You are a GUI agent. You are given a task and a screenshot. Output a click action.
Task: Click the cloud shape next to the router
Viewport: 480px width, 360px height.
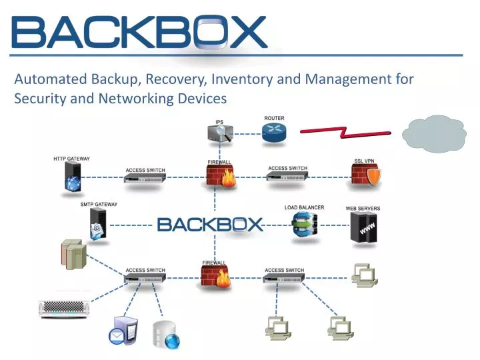click(435, 133)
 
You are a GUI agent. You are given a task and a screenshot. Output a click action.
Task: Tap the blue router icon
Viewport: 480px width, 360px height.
click(274, 133)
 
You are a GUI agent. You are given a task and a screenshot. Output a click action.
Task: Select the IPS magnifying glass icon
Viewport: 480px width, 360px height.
click(219, 133)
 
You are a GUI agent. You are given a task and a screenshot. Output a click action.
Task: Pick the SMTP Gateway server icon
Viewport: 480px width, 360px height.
click(97, 223)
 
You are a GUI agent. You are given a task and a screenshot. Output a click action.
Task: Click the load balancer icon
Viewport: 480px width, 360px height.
click(305, 225)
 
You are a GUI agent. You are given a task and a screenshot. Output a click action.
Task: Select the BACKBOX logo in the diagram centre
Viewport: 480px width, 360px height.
click(211, 224)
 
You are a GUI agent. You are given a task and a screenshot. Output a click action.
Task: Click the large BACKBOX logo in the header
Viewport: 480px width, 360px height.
click(139, 32)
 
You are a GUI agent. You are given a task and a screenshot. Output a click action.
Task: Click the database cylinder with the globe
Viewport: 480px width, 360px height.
click(166, 335)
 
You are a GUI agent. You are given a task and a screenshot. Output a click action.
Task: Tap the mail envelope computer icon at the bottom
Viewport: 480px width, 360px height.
click(124, 331)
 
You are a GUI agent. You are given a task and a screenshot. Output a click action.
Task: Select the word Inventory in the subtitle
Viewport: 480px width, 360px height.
click(242, 79)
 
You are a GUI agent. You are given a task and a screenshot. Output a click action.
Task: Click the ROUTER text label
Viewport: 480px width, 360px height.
click(274, 118)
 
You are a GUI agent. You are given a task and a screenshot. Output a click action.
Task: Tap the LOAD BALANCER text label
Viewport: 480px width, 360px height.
click(304, 207)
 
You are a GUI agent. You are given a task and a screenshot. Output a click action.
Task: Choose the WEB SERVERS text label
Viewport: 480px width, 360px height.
click(363, 208)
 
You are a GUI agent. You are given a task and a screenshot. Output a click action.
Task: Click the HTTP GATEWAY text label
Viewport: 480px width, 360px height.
click(71, 159)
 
